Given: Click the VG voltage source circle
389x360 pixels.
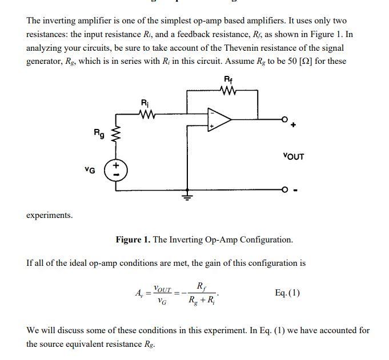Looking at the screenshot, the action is (x=116, y=170).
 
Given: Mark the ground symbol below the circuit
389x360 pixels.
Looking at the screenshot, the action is (x=187, y=197).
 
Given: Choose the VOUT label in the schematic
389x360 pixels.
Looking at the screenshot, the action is (x=293, y=156).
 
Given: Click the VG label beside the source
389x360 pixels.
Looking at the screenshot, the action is (x=90, y=169).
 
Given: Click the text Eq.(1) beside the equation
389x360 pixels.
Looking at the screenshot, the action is (x=287, y=293).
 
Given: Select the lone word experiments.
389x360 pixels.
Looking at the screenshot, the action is (x=50, y=215).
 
